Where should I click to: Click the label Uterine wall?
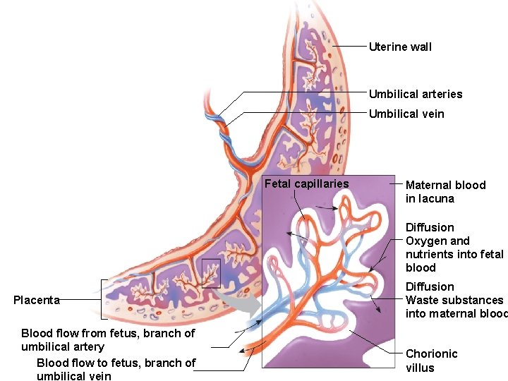click(x=400, y=47)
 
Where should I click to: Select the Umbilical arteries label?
click(x=416, y=94)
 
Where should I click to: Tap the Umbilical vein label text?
click(x=406, y=114)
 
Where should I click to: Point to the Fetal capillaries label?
click(x=306, y=184)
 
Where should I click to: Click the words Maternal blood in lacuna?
click(x=445, y=191)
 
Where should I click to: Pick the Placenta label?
click(x=37, y=300)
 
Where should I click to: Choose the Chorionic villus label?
click(x=432, y=361)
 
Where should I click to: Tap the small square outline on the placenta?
click(x=211, y=273)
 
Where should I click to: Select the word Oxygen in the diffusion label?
click(x=425, y=241)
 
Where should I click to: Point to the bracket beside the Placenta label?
click(x=105, y=300)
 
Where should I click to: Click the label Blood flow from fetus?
click(x=108, y=339)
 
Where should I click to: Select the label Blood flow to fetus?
click(x=116, y=369)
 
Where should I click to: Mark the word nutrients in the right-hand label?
click(x=429, y=254)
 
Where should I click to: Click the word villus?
click(x=420, y=368)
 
